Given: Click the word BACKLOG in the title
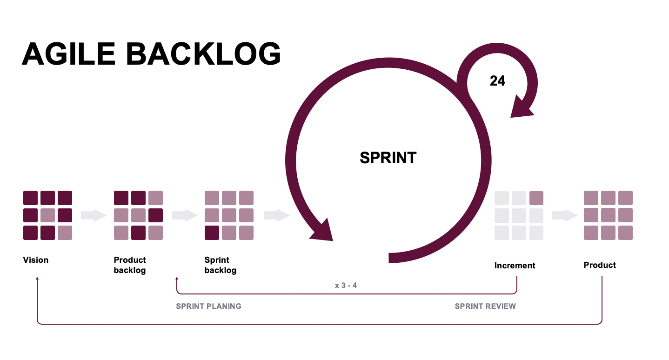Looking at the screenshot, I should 203,54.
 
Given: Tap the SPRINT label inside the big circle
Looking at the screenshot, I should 388,158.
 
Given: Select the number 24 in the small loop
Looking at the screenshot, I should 497,81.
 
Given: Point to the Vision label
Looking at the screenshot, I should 36,260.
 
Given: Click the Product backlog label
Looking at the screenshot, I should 130,265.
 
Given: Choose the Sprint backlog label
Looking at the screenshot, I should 221,265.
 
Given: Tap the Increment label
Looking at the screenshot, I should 515,266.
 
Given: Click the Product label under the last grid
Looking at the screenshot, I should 600,265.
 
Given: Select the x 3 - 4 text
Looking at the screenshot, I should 346,285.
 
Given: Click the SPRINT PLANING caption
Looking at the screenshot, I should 208,306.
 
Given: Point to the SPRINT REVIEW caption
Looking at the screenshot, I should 485,306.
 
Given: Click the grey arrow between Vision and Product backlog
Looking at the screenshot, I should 94,215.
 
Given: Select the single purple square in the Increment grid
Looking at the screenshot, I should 536,198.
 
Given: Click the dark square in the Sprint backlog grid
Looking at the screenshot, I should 212,233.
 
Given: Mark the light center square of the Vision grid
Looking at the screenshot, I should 47,215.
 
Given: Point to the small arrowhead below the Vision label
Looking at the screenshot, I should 37,279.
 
